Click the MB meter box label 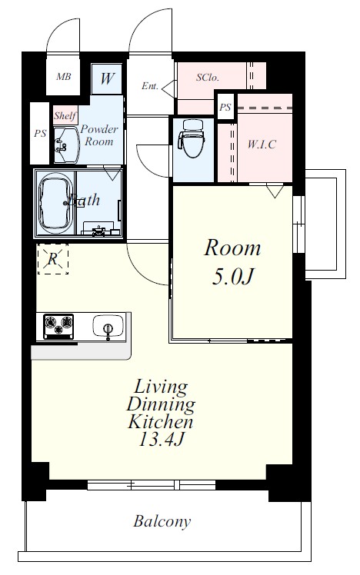(x=64, y=77)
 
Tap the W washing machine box (x=107, y=79)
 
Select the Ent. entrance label (x=150, y=86)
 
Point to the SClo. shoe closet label (x=208, y=78)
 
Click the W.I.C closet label (x=262, y=144)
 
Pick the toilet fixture (x=192, y=138)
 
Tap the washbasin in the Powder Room (x=66, y=145)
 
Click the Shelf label (x=65, y=116)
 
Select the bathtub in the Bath (x=55, y=203)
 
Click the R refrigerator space (x=53, y=259)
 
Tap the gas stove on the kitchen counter (x=58, y=326)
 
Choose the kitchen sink (x=108, y=326)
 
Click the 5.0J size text (x=232, y=277)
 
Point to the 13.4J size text (x=160, y=439)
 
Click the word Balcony (x=162, y=521)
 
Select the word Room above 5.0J (x=232, y=248)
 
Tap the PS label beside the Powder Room (x=40, y=134)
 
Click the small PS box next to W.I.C (x=225, y=107)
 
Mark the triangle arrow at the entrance (x=169, y=89)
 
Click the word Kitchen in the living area (x=160, y=422)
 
